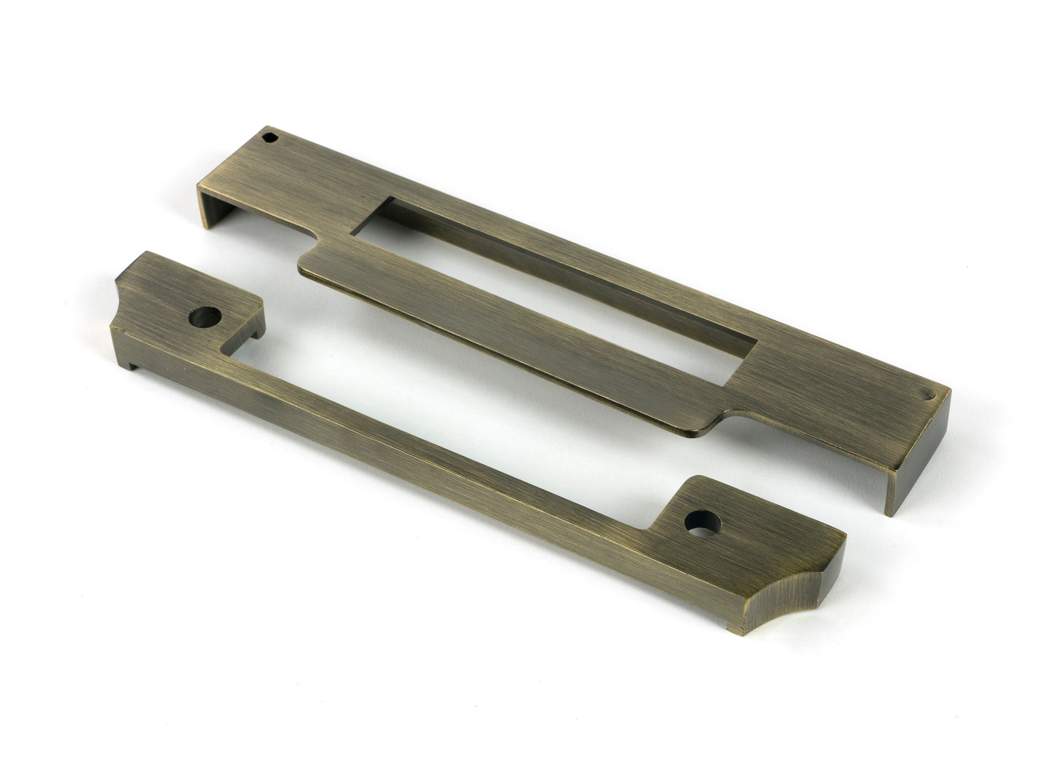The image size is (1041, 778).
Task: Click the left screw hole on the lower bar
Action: tap(204, 315)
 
